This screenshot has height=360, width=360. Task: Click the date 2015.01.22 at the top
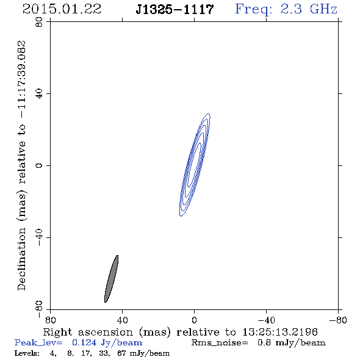point(62,9)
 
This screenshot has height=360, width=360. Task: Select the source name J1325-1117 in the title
point(175,10)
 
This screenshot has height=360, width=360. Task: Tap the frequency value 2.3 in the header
point(291,9)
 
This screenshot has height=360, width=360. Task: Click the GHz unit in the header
point(323,9)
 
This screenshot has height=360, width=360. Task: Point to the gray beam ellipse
point(111,279)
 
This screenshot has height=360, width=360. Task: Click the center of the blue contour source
point(195,165)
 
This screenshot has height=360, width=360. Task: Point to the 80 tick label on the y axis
point(39,22)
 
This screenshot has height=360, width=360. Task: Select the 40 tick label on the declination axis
point(39,94)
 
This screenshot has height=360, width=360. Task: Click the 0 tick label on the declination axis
point(39,165)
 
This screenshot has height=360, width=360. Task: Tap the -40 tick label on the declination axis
point(39,237)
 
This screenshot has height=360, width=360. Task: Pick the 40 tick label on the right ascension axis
point(122,320)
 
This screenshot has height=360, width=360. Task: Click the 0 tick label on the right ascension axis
point(194,320)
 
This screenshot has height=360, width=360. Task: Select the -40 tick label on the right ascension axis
point(266,320)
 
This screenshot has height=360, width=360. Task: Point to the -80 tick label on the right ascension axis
point(338,320)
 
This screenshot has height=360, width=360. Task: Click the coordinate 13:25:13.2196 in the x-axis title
point(280,332)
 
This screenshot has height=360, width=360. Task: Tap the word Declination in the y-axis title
point(21,259)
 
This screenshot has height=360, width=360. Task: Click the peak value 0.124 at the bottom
point(84,342)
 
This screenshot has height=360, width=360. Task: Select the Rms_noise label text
point(220,343)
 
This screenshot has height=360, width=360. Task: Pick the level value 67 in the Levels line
point(121,353)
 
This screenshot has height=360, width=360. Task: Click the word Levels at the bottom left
point(27,353)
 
